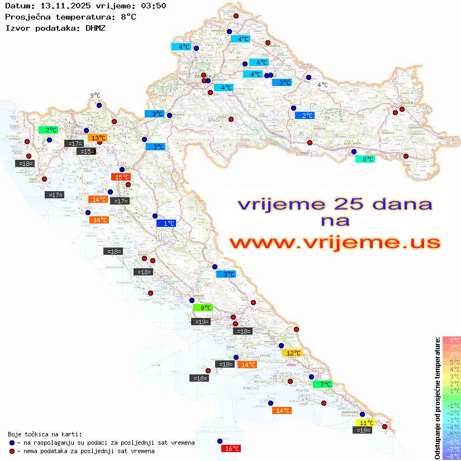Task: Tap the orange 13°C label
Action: point(98,137)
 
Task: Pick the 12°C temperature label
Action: point(293,353)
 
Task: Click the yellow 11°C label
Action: point(366,423)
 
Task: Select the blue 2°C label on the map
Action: point(305,116)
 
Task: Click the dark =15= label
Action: point(86,151)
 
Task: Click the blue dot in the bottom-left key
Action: point(12,443)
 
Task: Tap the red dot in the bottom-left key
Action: point(12,451)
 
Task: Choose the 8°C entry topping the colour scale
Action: point(452,340)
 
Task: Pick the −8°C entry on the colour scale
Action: point(452,456)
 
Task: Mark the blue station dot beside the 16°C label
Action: point(220,441)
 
